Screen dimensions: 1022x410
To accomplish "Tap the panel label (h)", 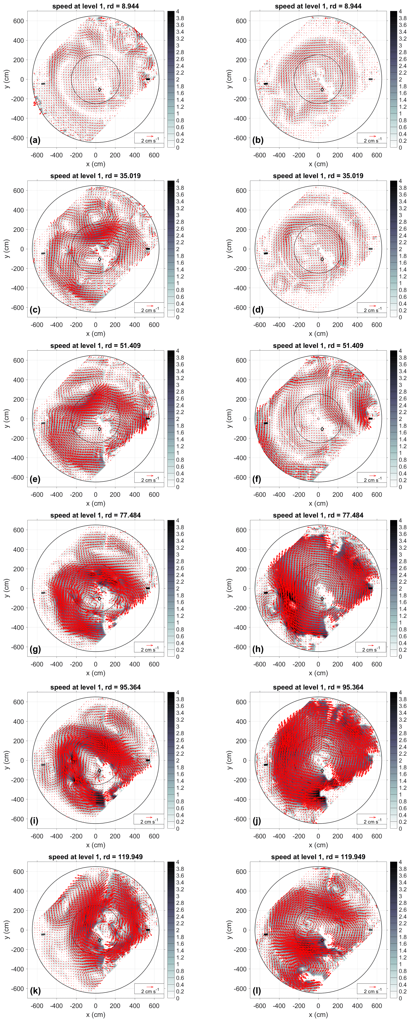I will [x=258, y=649].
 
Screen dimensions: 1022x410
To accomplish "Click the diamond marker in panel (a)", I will [x=100, y=90].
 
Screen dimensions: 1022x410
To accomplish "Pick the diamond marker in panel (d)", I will [x=322, y=260].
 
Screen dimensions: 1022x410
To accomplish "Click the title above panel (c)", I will [x=95, y=176].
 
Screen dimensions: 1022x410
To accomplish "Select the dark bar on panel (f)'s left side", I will [x=266, y=423].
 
